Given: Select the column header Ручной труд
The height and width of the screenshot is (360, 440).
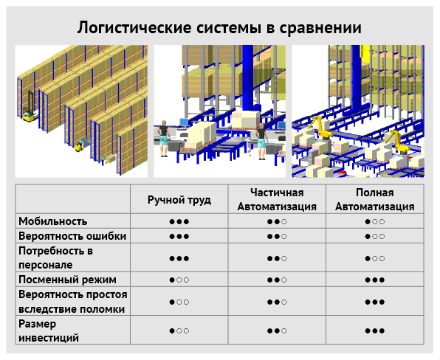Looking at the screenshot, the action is (x=179, y=200).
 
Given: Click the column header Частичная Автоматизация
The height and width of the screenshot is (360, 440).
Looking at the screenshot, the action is (x=277, y=200).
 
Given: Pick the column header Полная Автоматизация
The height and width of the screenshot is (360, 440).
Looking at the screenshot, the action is (x=375, y=200).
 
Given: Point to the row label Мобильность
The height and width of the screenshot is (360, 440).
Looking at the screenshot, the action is (x=52, y=221).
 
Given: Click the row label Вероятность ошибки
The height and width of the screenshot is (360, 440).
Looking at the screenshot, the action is (x=72, y=236).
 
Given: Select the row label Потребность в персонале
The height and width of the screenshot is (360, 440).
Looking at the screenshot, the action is (x=55, y=257).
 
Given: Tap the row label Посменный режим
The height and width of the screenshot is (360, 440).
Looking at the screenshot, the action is (x=67, y=280).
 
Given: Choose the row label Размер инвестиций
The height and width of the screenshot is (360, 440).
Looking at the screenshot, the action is (x=49, y=330).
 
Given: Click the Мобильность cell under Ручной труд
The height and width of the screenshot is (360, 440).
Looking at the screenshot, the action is (x=179, y=222).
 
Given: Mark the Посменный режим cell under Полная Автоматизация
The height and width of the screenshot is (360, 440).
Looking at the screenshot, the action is (x=375, y=280).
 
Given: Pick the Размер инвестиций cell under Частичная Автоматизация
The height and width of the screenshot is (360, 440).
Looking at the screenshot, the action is (x=277, y=330).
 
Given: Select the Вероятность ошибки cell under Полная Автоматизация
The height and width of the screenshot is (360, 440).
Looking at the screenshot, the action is (x=375, y=236).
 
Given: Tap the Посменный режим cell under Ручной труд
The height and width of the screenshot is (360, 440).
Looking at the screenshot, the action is (x=179, y=280).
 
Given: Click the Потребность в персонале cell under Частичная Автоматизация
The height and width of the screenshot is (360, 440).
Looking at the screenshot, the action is (x=277, y=258).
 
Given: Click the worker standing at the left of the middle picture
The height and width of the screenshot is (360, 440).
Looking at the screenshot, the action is (x=164, y=139).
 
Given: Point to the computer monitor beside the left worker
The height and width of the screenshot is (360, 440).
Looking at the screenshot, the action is (x=184, y=122).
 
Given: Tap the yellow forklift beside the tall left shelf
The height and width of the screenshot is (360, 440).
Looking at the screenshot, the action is (x=30, y=116).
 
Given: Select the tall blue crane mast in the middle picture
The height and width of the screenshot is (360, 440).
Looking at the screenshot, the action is (x=248, y=81).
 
